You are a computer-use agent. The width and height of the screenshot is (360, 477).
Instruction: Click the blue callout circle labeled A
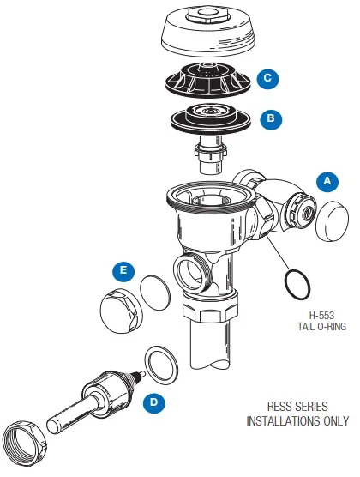[x=327, y=181]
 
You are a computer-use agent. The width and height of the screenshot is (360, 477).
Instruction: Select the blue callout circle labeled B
[x=270, y=119]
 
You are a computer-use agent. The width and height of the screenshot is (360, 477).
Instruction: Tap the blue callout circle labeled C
[x=267, y=78]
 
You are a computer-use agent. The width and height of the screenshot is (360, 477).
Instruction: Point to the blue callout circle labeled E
[x=124, y=272]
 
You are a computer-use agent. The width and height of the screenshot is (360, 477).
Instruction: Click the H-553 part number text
[x=303, y=315]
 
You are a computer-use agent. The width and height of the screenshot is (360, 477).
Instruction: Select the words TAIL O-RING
[x=303, y=328]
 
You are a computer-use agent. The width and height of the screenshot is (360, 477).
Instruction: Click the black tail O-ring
[x=295, y=283]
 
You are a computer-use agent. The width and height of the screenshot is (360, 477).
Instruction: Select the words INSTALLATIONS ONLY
[x=297, y=421]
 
